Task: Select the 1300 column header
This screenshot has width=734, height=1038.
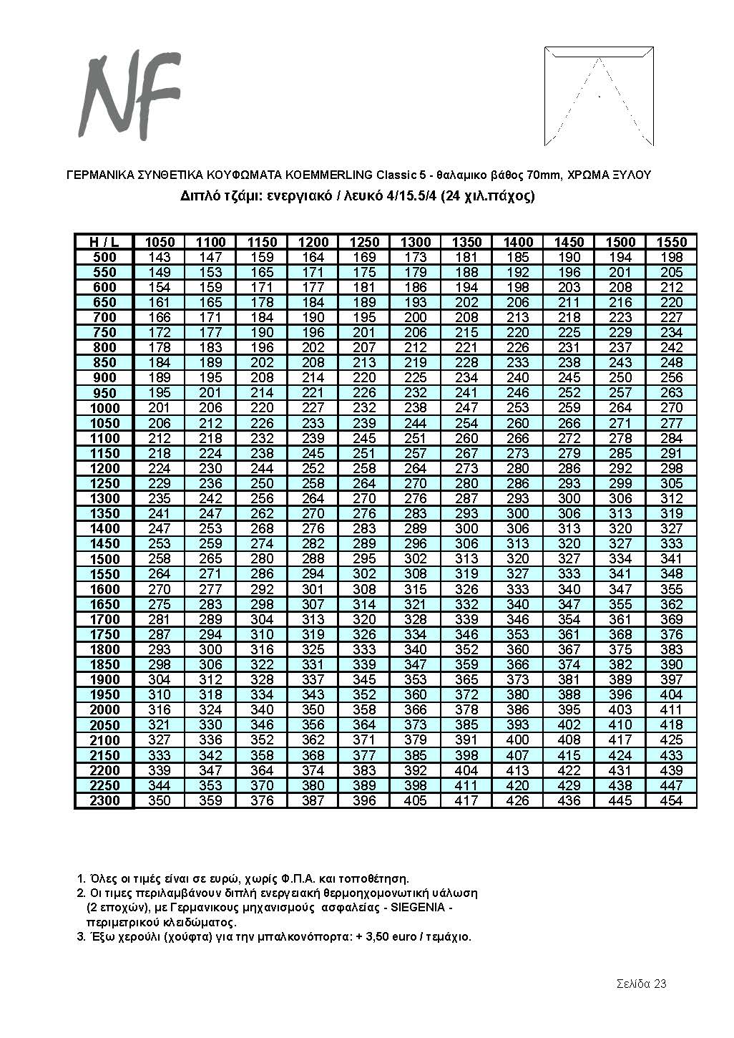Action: tap(416, 242)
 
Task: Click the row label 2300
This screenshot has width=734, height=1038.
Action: tap(104, 800)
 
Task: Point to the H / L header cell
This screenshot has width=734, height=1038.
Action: tap(104, 242)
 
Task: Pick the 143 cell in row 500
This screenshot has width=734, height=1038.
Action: tap(159, 257)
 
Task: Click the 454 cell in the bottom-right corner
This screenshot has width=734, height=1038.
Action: tap(672, 800)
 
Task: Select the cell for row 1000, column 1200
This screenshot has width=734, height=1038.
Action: tap(313, 408)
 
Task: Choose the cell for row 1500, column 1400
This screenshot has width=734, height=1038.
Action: tap(518, 559)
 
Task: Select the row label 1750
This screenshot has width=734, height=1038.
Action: tap(104, 634)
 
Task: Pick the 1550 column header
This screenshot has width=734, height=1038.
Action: tap(672, 242)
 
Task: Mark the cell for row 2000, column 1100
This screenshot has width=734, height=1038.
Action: tap(210, 709)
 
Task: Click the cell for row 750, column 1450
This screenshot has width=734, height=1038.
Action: tap(569, 332)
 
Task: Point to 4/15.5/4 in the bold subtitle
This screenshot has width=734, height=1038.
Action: tap(411, 195)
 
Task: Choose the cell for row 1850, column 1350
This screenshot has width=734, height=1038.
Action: tap(466, 664)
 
